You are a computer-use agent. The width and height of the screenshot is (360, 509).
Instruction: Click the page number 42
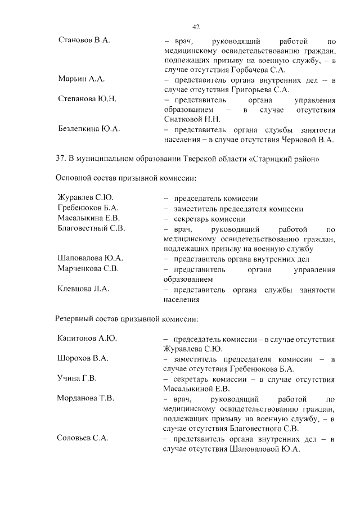(196, 26)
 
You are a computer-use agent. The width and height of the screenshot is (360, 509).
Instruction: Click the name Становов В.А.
(84, 41)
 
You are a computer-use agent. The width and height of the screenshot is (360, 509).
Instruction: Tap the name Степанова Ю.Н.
(87, 99)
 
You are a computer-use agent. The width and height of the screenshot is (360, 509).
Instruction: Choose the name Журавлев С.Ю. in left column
(86, 199)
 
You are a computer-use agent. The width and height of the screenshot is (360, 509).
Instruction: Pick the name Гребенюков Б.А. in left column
(88, 209)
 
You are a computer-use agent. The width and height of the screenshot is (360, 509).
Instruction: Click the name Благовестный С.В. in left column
(91, 228)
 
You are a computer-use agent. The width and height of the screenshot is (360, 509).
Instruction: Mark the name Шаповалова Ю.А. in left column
(90, 258)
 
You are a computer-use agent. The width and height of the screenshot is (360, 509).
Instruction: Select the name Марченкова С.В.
(88, 268)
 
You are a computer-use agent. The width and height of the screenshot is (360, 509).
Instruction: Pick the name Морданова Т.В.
(86, 398)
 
